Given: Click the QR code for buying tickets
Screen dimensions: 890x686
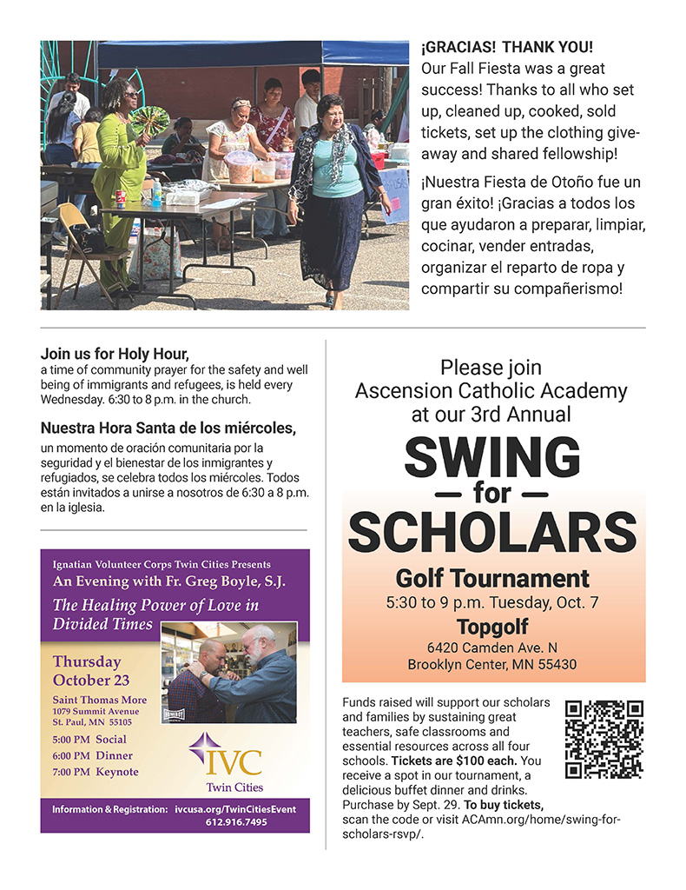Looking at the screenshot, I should click(604, 740).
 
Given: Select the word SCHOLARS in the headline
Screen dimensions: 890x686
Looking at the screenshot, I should click(492, 532).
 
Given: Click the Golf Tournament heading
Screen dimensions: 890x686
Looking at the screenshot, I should click(492, 578).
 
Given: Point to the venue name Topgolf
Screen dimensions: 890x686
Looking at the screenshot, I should click(492, 628).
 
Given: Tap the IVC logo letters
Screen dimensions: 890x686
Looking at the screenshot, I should click(222, 761).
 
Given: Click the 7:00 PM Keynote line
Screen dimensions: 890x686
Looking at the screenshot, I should click(95, 772).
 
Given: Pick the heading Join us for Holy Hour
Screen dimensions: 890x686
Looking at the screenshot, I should click(115, 354).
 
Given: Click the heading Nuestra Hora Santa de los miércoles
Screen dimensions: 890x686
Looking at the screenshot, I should click(168, 428).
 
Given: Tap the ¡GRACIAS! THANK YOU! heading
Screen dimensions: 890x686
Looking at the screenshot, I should click(507, 47).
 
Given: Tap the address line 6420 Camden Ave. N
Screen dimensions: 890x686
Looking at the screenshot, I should click(492, 648).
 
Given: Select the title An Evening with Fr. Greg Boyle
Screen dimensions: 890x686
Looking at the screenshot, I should click(168, 581).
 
